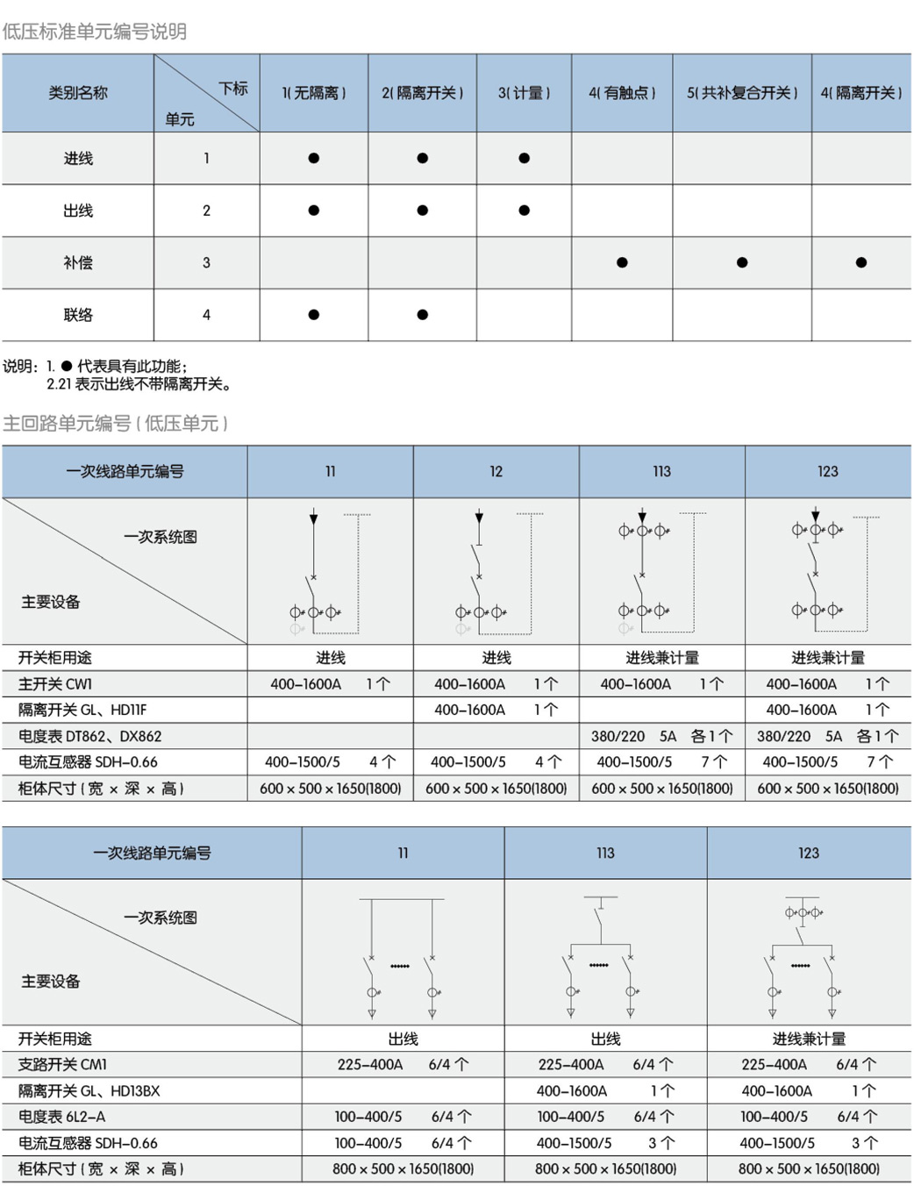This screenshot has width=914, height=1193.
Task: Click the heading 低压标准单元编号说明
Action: (x=95, y=32)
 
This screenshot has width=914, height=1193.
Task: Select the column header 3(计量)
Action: (x=524, y=93)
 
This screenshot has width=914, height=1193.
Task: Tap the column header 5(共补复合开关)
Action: (x=742, y=93)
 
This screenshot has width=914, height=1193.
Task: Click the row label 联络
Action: (x=78, y=315)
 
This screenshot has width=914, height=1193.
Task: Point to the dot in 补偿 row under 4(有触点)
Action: (x=622, y=262)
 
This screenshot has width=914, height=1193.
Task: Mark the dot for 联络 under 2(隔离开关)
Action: (x=423, y=315)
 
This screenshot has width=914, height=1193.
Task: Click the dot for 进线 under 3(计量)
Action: (x=524, y=159)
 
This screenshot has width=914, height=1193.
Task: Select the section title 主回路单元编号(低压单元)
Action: (x=115, y=424)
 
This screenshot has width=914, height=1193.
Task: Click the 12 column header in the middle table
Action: (x=496, y=472)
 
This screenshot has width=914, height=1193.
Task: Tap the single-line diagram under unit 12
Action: (x=496, y=571)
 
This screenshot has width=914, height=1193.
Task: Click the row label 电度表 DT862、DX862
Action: (x=89, y=737)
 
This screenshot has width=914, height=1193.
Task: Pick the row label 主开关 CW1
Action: (x=55, y=684)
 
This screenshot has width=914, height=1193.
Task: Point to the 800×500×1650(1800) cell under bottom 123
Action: (x=809, y=1169)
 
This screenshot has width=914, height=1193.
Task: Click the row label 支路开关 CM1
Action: (x=62, y=1065)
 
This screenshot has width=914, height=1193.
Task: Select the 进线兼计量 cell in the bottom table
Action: (x=809, y=1039)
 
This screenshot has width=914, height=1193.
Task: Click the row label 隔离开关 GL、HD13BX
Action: (x=89, y=1091)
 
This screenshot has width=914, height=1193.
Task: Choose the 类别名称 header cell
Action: (x=78, y=93)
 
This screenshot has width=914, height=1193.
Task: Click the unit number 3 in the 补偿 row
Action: (x=206, y=262)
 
